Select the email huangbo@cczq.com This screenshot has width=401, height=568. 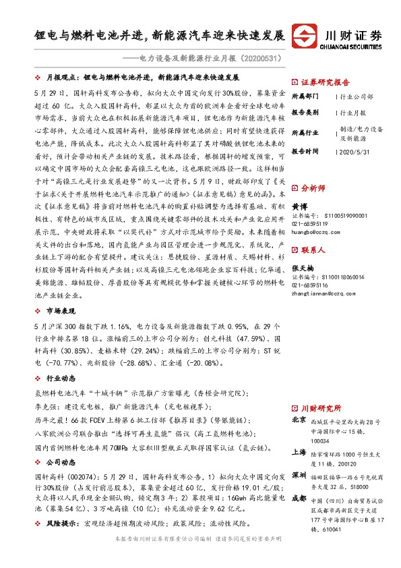[x=317, y=231]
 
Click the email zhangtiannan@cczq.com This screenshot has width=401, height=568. [x=322, y=292]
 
